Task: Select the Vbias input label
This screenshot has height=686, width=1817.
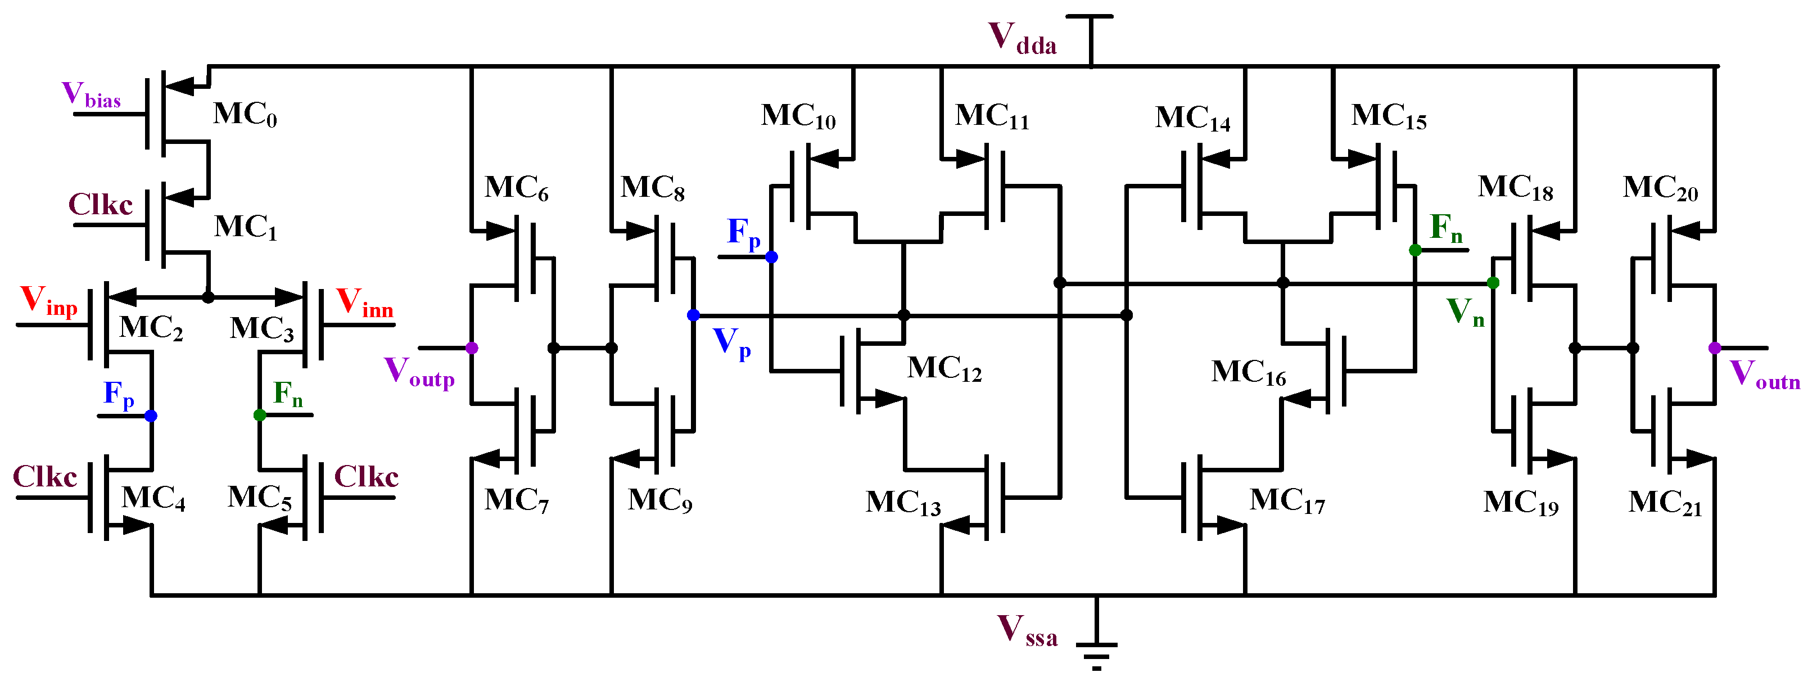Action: pyautogui.click(x=91, y=95)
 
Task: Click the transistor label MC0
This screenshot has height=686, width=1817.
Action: pyautogui.click(x=245, y=114)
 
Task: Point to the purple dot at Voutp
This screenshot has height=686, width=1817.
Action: pyautogui.click(x=472, y=348)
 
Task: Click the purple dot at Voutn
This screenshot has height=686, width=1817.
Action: pyautogui.click(x=1715, y=348)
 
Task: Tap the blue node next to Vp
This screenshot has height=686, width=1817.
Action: pyautogui.click(x=693, y=315)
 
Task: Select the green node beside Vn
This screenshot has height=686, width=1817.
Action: pyautogui.click(x=1493, y=283)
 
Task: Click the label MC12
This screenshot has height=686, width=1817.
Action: pyautogui.click(x=944, y=368)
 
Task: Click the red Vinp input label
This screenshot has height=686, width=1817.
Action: pyautogui.click(x=48, y=301)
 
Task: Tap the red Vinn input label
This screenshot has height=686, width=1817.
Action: pyautogui.click(x=364, y=304)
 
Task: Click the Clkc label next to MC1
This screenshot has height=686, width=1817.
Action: pyautogui.click(x=100, y=205)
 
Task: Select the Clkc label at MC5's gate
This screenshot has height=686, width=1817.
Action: pyautogui.click(x=365, y=477)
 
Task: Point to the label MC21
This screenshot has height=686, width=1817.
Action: pyautogui.click(x=1665, y=503)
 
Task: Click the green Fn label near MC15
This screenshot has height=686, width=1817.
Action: pyautogui.click(x=1445, y=228)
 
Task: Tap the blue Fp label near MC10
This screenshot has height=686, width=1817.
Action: pyautogui.click(x=743, y=233)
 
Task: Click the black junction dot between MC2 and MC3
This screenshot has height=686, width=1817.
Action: pyautogui.click(x=208, y=298)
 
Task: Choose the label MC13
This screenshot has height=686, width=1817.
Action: pyautogui.click(x=902, y=503)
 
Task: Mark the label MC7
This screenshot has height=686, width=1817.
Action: pyautogui.click(x=516, y=500)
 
